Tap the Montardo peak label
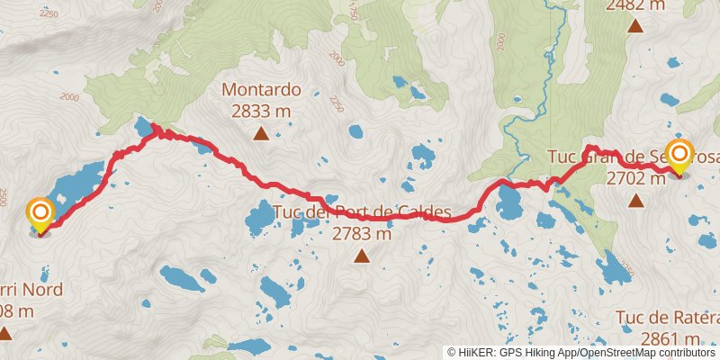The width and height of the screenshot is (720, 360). click(261, 90)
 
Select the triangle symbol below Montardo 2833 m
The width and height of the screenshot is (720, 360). click(261, 135)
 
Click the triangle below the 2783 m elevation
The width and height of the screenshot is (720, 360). click(362, 256)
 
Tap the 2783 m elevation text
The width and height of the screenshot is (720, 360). click(361, 234)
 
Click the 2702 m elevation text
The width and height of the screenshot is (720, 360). click(635, 178)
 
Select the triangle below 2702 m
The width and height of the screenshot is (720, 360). click(636, 201)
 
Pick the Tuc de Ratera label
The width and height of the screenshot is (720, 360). click(668, 318)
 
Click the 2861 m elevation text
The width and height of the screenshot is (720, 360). click(670, 338)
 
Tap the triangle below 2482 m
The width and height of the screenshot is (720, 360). click(635, 25)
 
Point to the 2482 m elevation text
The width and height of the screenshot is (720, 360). click(636, 5)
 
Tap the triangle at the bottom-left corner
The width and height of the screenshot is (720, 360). click(4, 334)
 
